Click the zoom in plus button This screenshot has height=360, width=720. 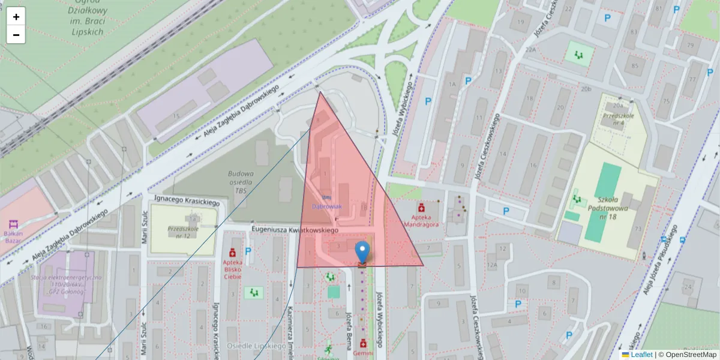click(x=16, y=17)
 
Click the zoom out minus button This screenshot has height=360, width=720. click(x=16, y=35)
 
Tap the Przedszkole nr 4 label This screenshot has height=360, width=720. click(x=619, y=119)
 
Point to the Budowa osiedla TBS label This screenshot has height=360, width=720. click(x=241, y=182)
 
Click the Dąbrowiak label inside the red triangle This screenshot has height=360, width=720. click(x=326, y=206)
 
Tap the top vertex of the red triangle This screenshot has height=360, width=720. click(x=320, y=92)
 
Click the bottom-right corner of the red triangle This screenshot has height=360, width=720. click(x=423, y=265)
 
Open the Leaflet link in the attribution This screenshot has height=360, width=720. click(x=641, y=355)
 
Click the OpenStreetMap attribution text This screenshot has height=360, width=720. click(x=689, y=355)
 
